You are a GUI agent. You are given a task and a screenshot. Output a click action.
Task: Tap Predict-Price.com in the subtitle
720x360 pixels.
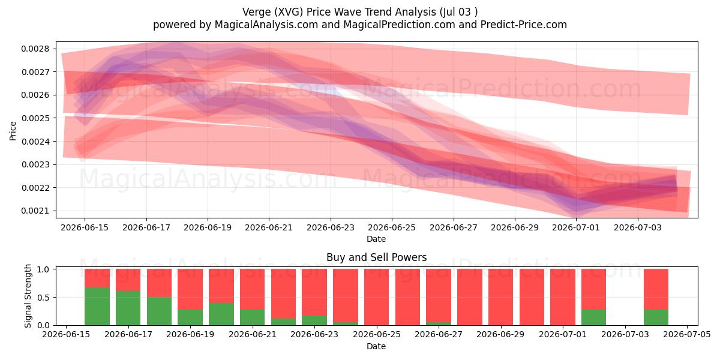pos(524,25)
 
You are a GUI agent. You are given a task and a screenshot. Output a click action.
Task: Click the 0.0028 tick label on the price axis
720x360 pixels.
pos(35,49)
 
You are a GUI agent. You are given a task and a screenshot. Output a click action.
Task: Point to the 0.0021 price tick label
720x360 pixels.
pos(35,211)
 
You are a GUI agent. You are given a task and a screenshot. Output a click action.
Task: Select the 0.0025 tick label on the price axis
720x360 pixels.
pos(35,118)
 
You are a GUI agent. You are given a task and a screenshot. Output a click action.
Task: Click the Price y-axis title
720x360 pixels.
pos(13,131)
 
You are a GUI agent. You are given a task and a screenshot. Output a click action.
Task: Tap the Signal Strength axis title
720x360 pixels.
pos(28,296)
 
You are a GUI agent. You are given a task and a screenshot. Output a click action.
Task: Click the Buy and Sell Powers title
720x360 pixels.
pos(376,257)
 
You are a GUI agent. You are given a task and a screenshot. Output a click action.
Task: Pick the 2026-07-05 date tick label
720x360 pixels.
pos(687,335)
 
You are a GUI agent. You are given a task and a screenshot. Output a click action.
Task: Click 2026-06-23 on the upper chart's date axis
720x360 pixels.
pos(331,227)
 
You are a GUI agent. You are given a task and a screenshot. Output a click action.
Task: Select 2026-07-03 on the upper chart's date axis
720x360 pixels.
pos(638,227)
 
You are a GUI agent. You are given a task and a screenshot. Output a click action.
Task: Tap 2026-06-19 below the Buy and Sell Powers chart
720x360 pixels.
pos(190,335)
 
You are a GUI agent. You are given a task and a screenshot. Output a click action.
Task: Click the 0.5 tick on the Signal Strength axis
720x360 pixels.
pos(43,298)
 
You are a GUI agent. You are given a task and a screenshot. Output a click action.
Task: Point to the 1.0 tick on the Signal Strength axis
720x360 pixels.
pos(43,269)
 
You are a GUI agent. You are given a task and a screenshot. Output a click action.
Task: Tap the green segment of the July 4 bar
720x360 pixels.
pos(656,317)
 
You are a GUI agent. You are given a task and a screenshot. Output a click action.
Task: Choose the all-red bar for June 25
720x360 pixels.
pos(407,297)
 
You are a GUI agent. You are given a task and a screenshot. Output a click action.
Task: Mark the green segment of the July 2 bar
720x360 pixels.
pos(593,317)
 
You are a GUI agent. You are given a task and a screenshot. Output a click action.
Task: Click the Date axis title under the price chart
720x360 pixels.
pos(376,239)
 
